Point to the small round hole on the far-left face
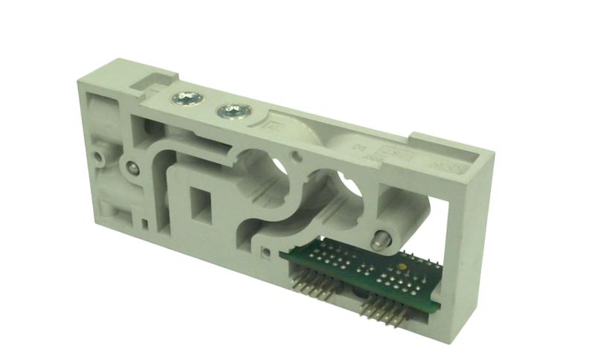coord(99,158)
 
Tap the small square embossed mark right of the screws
coord(271,127)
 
